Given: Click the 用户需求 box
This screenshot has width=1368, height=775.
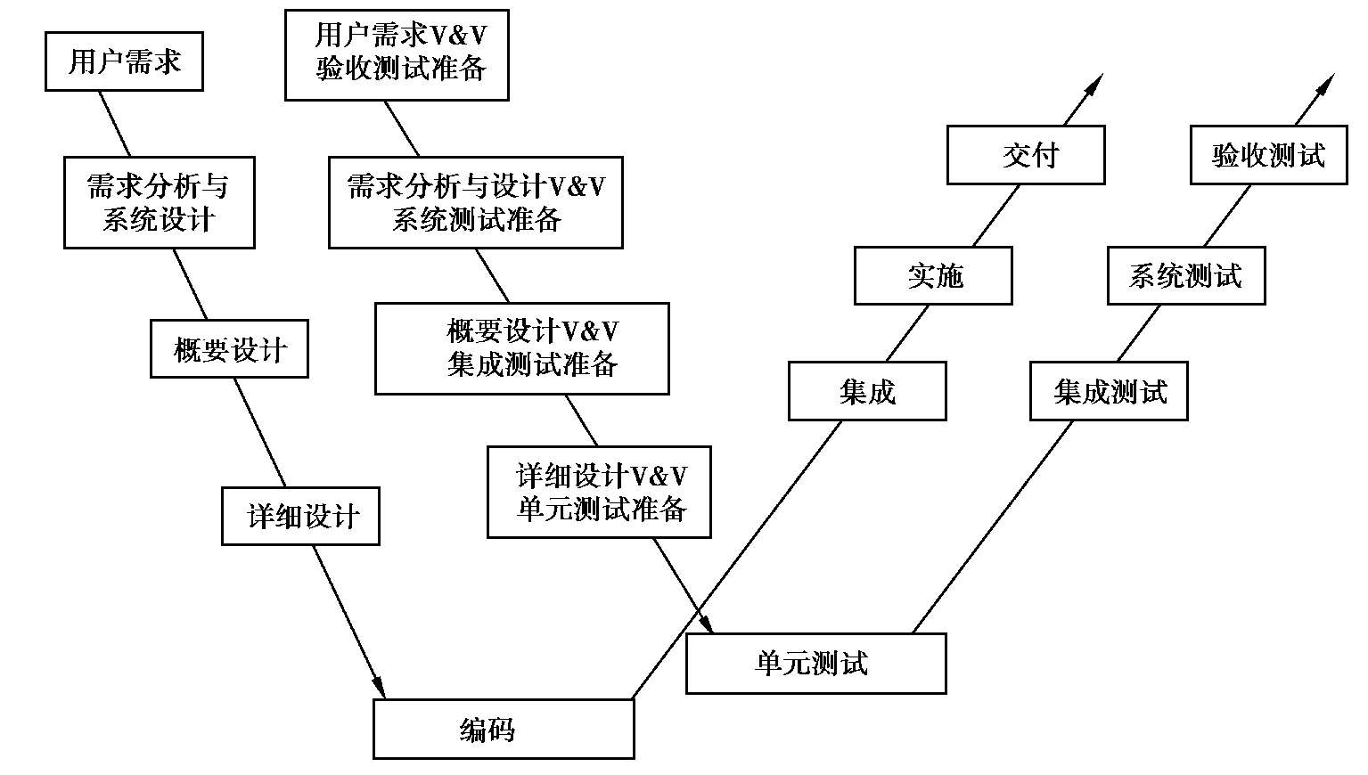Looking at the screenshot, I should pyautogui.click(x=124, y=61).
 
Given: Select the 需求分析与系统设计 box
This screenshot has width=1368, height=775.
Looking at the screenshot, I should pyautogui.click(x=159, y=202).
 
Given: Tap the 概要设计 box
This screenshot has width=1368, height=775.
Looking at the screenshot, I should pyautogui.click(x=229, y=349).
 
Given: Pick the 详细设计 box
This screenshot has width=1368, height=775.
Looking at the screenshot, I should pyautogui.click(x=300, y=516).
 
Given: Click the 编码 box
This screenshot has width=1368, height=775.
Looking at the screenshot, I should pyautogui.click(x=504, y=729).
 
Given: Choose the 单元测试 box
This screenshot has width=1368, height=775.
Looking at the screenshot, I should pyautogui.click(x=815, y=663).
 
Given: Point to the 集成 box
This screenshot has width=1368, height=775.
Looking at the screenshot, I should pyautogui.click(x=867, y=390).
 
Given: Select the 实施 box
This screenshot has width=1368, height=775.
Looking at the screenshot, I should pyautogui.click(x=933, y=275).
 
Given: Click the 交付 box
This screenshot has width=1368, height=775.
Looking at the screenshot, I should pyautogui.click(x=1026, y=155).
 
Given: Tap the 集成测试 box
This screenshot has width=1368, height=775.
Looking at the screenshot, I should pyautogui.click(x=1109, y=390).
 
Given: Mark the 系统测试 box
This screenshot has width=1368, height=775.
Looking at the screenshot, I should pyautogui.click(x=1186, y=275).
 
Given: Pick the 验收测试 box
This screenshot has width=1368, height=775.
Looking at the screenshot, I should pyautogui.click(x=1268, y=155).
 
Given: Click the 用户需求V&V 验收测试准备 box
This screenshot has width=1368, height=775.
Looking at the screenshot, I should pyautogui.click(x=397, y=54).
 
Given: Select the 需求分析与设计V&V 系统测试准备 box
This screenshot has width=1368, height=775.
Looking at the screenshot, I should pyautogui.click(x=475, y=202).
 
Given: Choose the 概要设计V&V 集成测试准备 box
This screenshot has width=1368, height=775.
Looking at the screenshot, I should pyautogui.click(x=521, y=348).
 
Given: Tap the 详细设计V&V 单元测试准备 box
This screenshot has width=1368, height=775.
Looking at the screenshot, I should pyautogui.click(x=599, y=492).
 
